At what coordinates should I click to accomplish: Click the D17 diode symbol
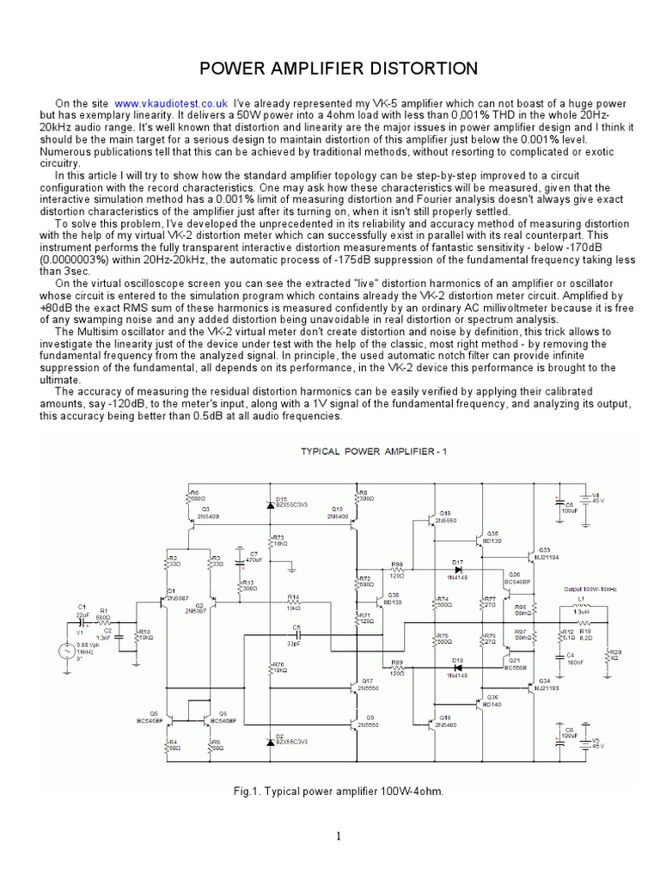click(457, 569)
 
